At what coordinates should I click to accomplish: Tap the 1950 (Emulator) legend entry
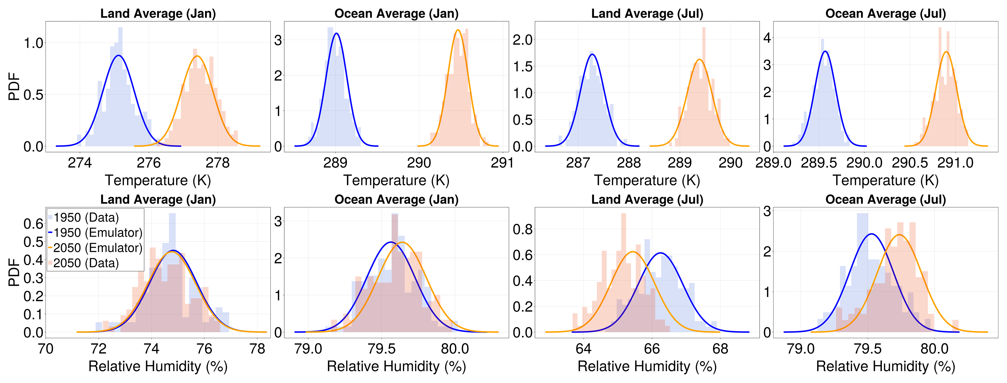(x=98, y=233)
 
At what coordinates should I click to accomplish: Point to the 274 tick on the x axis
(x=80, y=163)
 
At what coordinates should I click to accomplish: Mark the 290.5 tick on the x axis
(x=910, y=163)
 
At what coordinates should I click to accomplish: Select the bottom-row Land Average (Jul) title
(x=647, y=200)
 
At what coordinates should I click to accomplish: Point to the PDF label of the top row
(x=14, y=86)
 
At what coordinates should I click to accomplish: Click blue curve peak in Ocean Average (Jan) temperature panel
(x=336, y=34)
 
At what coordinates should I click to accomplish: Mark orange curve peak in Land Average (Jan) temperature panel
(x=197, y=56)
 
